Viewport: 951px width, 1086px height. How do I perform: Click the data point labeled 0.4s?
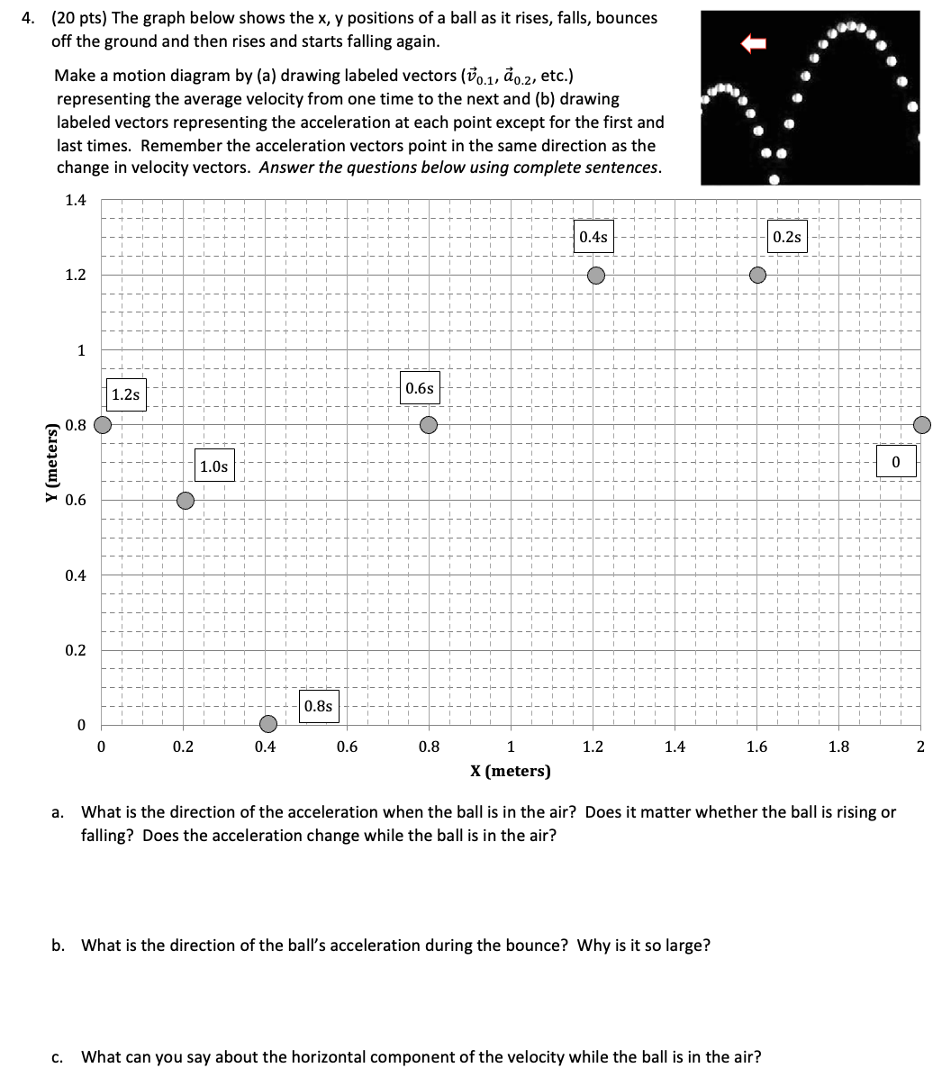[596, 275]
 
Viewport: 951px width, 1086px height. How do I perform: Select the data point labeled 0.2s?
[758, 274]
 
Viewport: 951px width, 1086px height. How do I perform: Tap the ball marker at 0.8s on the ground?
[267, 724]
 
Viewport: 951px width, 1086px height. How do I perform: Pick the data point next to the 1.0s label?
[185, 500]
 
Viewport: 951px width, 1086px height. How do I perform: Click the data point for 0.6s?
[430, 424]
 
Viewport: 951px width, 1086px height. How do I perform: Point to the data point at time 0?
[922, 424]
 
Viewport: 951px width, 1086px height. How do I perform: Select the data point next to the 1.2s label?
[104, 424]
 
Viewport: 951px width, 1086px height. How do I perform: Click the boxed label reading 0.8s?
[318, 706]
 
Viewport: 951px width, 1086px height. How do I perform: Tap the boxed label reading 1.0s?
[213, 466]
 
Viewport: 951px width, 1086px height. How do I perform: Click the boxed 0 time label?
[896, 461]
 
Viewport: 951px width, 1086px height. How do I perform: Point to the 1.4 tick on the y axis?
[76, 200]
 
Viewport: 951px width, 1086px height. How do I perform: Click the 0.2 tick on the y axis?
[76, 650]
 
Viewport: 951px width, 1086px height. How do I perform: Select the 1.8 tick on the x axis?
[838, 747]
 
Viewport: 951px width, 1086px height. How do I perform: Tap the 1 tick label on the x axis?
[511, 747]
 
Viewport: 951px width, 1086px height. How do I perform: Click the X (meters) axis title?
[511, 771]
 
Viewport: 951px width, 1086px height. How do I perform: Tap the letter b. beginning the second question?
[59, 945]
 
